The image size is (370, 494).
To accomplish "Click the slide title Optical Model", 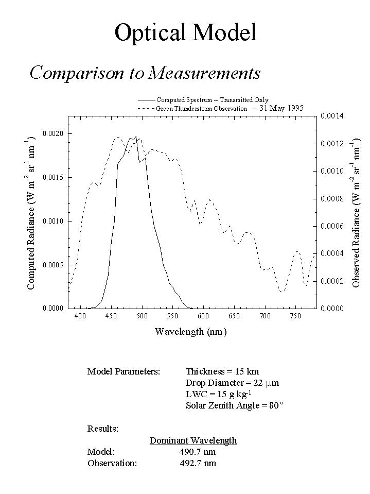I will click(x=185, y=33).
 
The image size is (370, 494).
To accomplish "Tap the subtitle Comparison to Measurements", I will click(x=145, y=73).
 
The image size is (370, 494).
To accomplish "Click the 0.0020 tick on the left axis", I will click(x=53, y=134).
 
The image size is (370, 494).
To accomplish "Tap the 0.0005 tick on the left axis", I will click(x=53, y=265).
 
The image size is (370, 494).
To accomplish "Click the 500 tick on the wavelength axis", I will click(x=142, y=316).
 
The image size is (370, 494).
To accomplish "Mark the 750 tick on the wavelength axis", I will click(x=295, y=316).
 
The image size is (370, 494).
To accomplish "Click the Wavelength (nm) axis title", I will click(x=190, y=331).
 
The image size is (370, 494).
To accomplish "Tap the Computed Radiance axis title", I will click(x=31, y=212).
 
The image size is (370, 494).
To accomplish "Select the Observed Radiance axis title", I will click(x=356, y=212).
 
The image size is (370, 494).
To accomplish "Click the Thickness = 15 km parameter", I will click(x=222, y=371).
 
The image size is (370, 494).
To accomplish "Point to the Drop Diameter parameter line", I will click(x=232, y=383).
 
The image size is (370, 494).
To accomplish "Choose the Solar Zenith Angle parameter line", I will click(x=235, y=405).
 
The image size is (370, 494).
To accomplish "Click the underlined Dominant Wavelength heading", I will click(x=193, y=440).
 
